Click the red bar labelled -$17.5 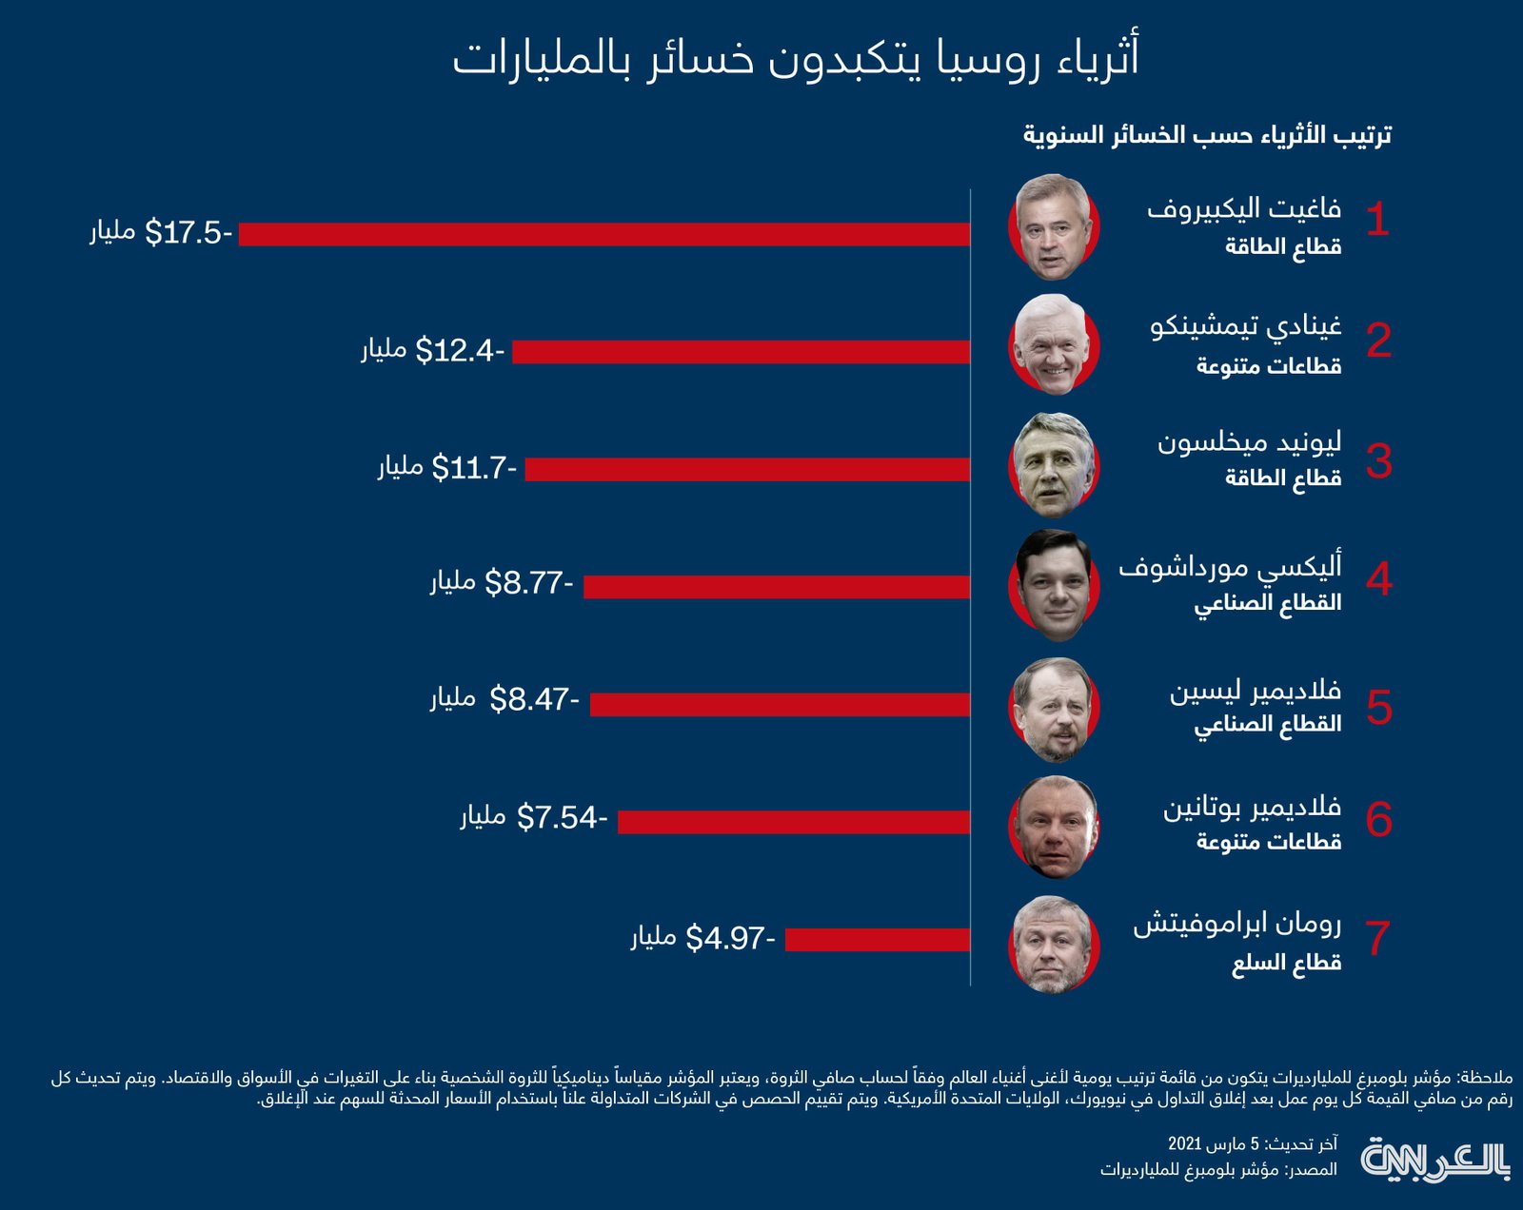(x=604, y=234)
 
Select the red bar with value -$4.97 (x=878, y=940)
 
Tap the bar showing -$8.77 (x=777, y=587)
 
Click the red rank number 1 (x=1377, y=221)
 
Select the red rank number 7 (x=1377, y=938)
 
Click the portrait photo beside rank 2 (x=1053, y=344)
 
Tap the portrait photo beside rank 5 (x=1053, y=709)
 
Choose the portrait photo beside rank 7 (x=1053, y=944)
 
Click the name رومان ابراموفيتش (x=1236, y=924)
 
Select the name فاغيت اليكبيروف (x=1243, y=208)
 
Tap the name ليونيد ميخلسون (x=1249, y=443)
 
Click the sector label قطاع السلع (x=1286, y=965)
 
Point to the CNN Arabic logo (x=1435, y=1160)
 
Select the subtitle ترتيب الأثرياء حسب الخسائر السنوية (x=1207, y=136)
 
